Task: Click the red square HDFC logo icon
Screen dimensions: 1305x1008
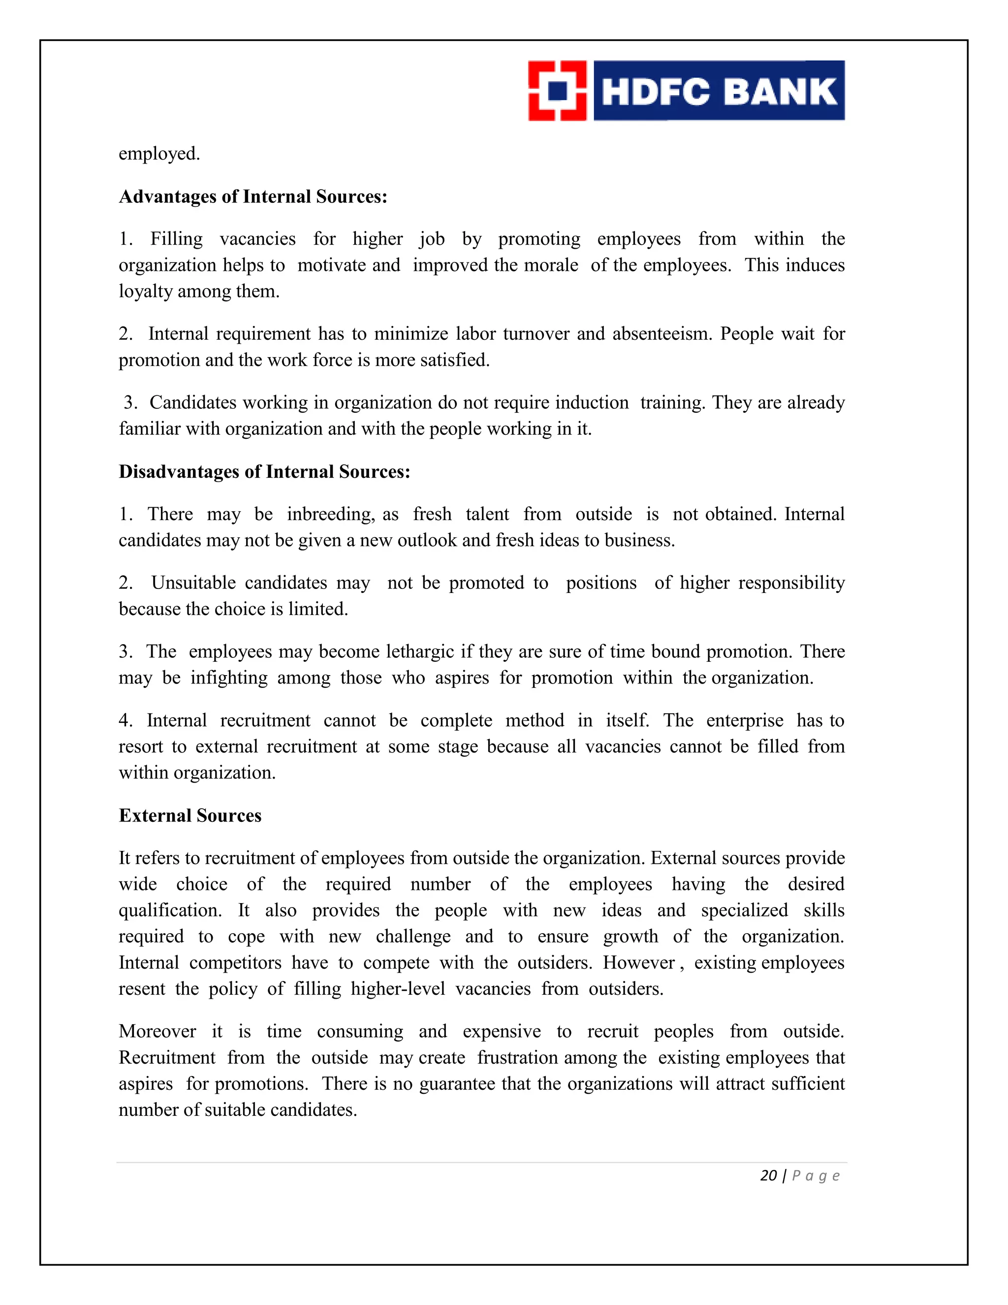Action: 557,91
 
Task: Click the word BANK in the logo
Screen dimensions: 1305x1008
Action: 780,92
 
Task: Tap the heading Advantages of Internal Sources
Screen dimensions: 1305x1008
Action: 253,196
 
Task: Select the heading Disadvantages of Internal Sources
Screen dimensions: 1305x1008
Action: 264,472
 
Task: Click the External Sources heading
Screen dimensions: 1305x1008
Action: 190,816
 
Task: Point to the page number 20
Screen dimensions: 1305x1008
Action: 768,1176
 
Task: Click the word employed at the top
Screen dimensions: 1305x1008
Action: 159,154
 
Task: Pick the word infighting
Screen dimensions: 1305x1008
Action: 229,678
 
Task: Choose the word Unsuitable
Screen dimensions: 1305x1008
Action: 193,583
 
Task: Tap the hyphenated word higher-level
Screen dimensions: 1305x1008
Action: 398,989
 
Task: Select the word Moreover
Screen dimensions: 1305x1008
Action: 157,1031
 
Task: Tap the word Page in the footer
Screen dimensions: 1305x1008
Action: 816,1176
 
